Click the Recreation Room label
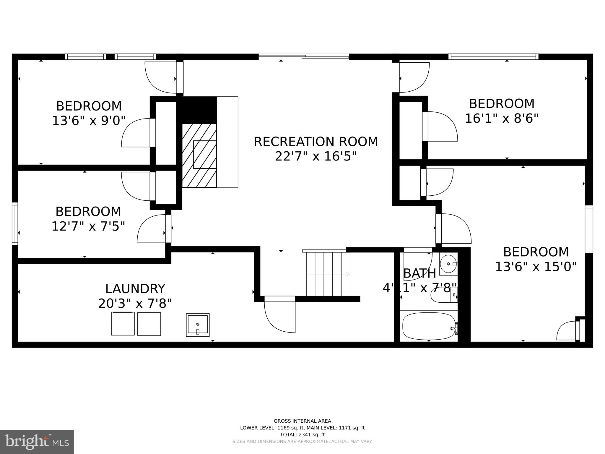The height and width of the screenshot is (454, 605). [316, 142]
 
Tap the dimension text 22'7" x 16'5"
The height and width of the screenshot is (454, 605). [316, 156]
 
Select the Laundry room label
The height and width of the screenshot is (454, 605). [135, 289]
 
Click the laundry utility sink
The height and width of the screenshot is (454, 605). [198, 325]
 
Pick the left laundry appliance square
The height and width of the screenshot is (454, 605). [123, 324]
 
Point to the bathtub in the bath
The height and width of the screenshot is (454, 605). [429, 326]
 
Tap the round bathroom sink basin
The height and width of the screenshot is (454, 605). [448, 264]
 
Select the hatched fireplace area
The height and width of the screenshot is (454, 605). [199, 155]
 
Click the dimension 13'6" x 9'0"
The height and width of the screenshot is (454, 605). [89, 121]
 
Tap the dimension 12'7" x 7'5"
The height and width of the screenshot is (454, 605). [88, 226]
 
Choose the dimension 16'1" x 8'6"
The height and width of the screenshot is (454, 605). [502, 119]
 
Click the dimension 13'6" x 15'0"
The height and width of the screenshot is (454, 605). [536, 267]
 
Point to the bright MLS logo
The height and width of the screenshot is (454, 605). [37, 442]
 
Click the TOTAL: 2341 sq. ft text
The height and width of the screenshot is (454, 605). [302, 434]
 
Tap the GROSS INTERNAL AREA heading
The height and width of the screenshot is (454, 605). [302, 421]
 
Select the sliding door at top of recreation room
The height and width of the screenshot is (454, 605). [304, 56]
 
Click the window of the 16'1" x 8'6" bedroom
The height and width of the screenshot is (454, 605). [493, 56]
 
